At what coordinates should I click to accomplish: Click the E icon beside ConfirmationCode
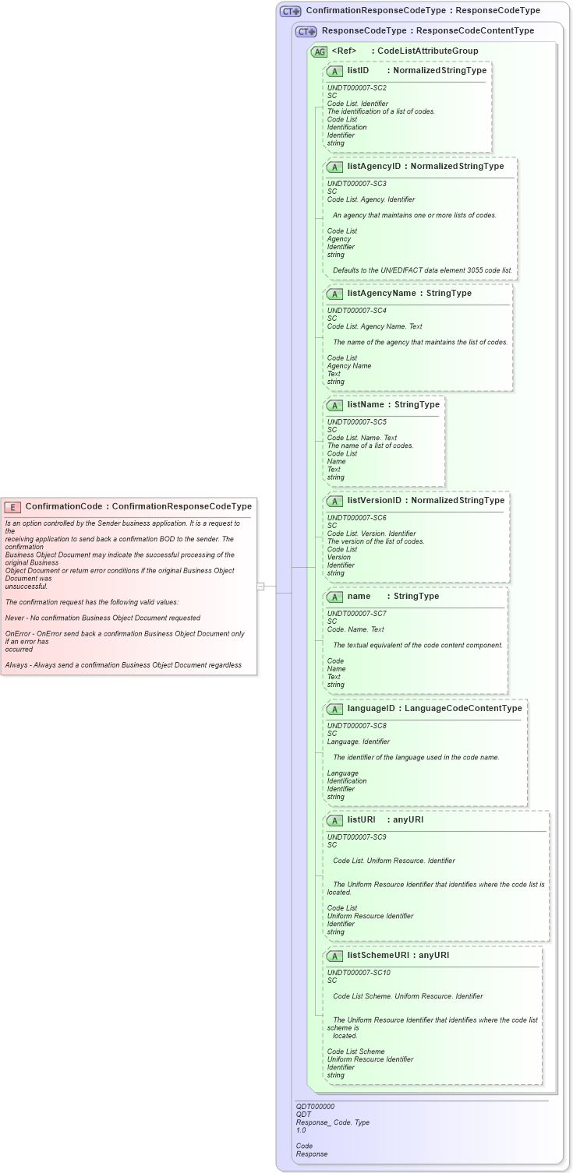point(12,506)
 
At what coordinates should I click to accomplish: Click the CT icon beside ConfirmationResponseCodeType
point(291,12)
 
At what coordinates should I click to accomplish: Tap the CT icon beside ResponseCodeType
point(306,32)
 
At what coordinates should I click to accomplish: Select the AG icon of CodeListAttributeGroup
point(319,51)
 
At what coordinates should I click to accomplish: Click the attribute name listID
point(358,70)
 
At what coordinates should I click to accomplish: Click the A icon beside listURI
point(334,820)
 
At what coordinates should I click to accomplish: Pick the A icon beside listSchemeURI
point(334,956)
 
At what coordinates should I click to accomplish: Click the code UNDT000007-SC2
point(356,88)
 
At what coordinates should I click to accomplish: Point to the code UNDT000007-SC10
point(359,973)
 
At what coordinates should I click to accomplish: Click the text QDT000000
point(315,1106)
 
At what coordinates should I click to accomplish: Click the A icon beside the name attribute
point(334,597)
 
